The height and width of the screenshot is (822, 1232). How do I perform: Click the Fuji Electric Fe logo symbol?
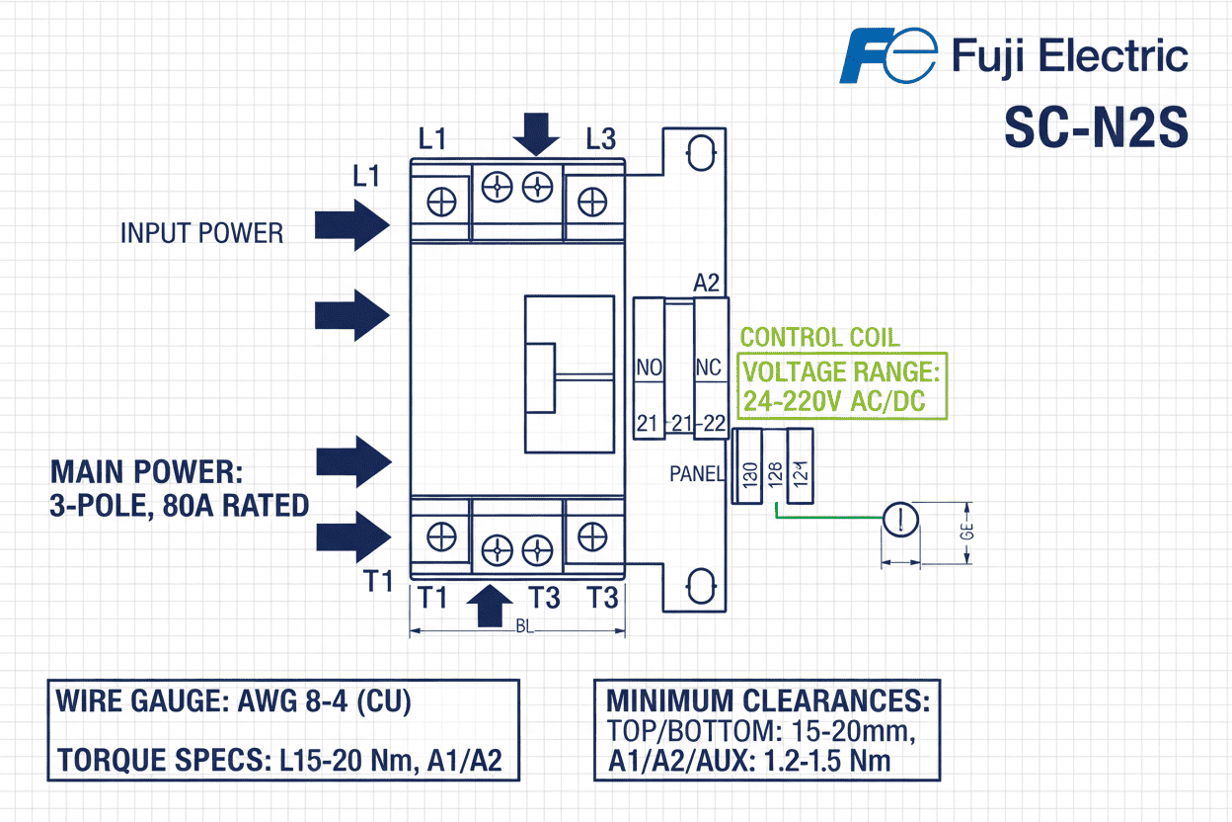point(886,55)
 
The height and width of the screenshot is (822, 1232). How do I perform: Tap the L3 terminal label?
point(601,139)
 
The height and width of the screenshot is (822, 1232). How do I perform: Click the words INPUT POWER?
point(201,233)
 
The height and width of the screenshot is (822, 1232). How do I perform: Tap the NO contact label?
point(648,369)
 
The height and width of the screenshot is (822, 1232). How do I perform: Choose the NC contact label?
point(709,369)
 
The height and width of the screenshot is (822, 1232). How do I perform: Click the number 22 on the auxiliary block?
point(713,424)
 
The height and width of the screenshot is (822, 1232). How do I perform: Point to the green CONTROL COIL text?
point(819,337)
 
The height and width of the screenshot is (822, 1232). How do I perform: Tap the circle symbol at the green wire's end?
point(899,519)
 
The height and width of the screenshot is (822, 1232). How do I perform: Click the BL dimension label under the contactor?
point(523,626)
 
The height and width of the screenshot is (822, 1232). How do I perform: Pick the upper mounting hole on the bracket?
point(698,153)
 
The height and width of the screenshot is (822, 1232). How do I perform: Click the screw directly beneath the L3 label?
point(592,202)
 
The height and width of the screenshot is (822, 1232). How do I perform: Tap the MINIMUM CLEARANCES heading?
point(768,701)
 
